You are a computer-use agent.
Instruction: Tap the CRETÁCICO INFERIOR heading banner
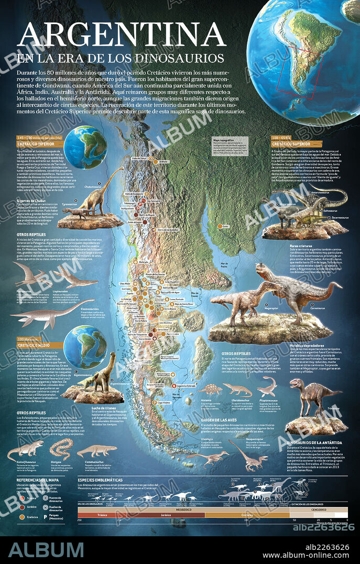37,142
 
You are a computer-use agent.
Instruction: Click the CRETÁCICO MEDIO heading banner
37,346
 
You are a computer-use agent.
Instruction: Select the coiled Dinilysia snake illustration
61,448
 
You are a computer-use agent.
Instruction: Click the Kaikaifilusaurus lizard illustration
25,449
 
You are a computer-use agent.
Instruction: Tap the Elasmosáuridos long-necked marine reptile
42,313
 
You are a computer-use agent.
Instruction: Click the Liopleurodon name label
61,292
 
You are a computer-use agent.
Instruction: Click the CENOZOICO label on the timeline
321,508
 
